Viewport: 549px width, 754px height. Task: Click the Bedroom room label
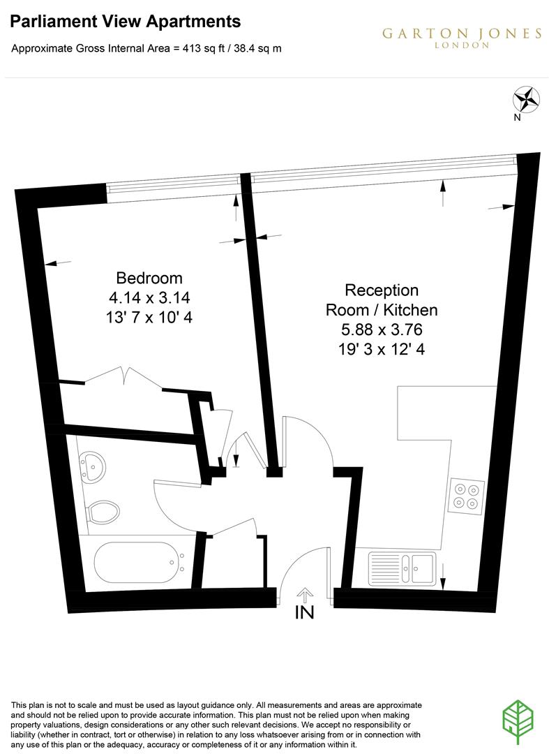[149, 278]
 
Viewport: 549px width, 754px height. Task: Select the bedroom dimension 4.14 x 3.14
[149, 297]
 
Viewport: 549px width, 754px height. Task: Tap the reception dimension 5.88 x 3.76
[382, 329]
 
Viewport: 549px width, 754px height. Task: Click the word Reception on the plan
[382, 290]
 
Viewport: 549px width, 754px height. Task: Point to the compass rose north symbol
[526, 98]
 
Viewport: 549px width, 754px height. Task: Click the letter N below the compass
[517, 117]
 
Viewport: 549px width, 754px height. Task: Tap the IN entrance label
[305, 613]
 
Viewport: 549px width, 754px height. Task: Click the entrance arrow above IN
[305, 594]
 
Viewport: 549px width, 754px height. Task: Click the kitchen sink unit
[402, 566]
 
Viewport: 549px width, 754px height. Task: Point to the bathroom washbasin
[91, 465]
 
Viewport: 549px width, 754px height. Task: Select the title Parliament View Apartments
[126, 22]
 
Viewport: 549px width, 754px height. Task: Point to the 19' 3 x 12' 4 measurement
[382, 348]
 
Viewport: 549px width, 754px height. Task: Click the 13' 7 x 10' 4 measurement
[149, 317]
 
